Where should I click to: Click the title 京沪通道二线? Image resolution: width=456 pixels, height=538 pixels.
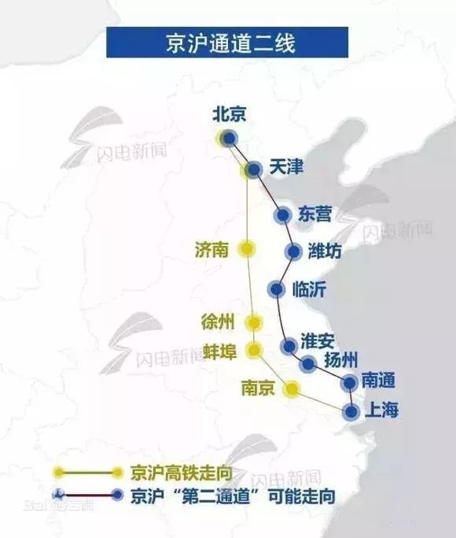click(x=228, y=42)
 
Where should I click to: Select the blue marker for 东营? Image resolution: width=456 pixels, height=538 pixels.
click(x=282, y=216)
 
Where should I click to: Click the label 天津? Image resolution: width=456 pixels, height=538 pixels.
click(x=285, y=168)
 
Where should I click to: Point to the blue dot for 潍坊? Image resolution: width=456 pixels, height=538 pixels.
click(x=293, y=252)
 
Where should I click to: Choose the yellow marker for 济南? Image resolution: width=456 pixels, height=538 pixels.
click(x=247, y=249)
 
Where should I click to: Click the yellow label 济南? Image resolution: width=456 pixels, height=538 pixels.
click(x=211, y=249)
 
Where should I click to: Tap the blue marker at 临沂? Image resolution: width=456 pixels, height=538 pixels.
click(x=274, y=289)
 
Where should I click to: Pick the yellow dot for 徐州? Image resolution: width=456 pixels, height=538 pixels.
click(x=253, y=322)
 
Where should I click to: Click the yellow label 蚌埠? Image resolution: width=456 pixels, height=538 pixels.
click(x=220, y=351)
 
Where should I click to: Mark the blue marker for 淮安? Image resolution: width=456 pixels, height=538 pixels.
click(x=289, y=345)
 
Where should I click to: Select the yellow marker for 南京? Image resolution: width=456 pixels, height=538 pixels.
click(x=292, y=389)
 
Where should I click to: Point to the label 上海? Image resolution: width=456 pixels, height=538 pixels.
click(x=381, y=410)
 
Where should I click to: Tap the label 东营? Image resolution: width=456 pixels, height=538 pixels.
click(x=316, y=214)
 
